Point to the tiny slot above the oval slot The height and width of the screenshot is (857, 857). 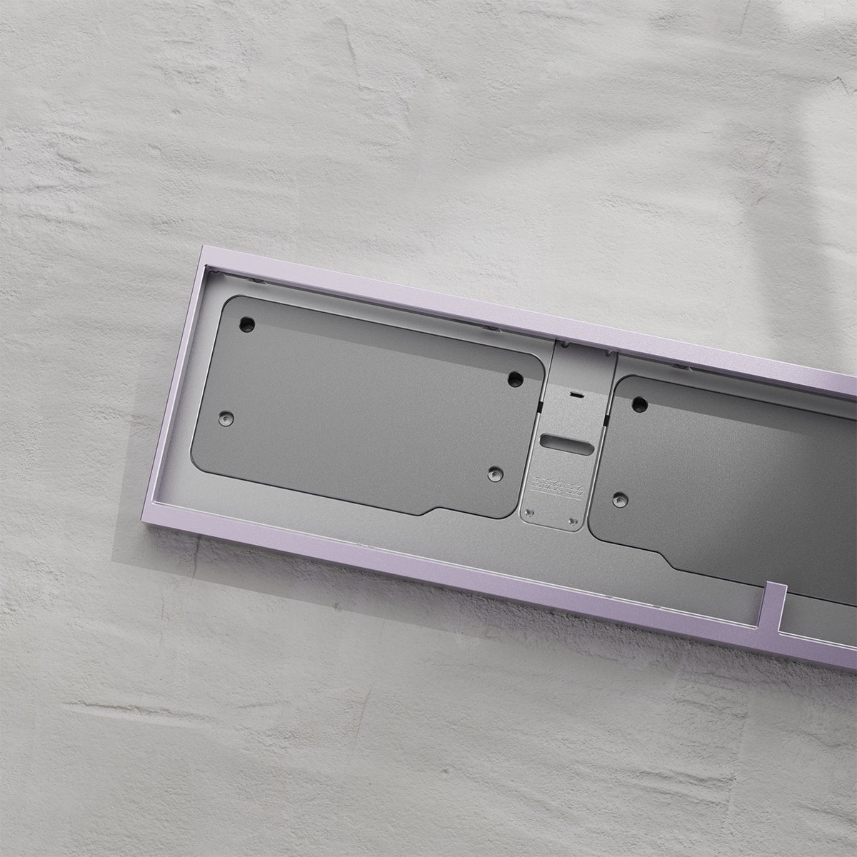575,394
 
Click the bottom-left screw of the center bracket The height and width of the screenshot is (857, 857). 528,513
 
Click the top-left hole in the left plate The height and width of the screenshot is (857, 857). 247,323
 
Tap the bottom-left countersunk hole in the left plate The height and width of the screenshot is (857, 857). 226,416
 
